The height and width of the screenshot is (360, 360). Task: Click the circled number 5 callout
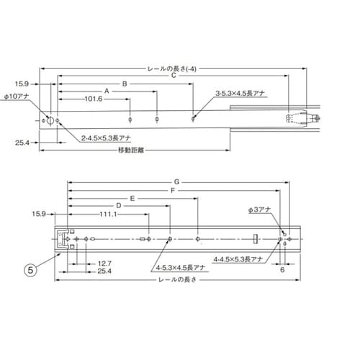30,270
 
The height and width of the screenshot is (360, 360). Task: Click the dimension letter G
176,182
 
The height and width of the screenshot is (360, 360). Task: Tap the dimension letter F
173,191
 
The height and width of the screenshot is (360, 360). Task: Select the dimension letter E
132,199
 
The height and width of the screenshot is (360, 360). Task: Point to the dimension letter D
119,206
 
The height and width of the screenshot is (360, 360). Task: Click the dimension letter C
174,76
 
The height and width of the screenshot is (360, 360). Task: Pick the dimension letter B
125,84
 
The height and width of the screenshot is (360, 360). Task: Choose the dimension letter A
107,91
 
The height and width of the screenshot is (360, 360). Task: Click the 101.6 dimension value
94,99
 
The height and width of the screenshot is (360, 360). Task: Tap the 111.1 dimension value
108,214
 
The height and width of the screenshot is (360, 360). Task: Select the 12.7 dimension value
104,264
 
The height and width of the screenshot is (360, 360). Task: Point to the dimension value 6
282,270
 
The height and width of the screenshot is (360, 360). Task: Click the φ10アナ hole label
17,96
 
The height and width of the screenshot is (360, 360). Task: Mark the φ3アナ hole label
259,210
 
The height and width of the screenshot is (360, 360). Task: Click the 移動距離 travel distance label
131,150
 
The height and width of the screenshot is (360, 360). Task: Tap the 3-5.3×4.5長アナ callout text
240,94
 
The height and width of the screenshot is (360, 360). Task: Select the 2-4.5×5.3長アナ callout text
106,138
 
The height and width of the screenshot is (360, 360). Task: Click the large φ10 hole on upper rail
50,120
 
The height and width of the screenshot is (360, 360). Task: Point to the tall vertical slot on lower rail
256,239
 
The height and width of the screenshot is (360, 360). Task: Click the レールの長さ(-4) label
172,69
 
